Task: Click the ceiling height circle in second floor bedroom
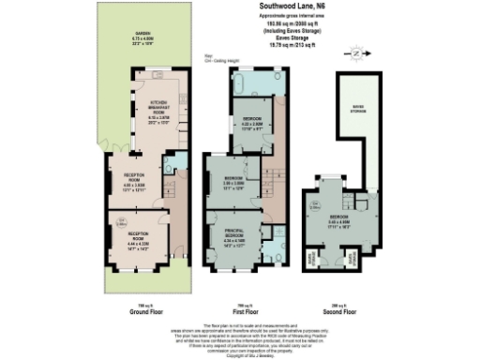pyautogui.click(x=313, y=201)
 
